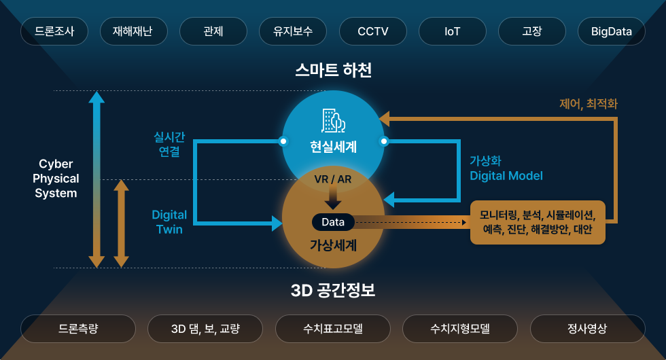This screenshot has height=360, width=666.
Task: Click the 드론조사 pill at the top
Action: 54,31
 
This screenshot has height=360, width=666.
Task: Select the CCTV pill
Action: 373,31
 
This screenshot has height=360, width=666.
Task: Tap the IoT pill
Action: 453,31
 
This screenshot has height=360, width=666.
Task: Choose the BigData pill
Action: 612,31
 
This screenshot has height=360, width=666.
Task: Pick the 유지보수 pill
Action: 293,31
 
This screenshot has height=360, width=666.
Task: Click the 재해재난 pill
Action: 134,31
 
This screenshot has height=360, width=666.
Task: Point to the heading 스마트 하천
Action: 334,70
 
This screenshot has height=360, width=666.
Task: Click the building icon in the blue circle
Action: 333,121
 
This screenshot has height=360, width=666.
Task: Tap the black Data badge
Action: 333,222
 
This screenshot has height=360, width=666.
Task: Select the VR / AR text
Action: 333,179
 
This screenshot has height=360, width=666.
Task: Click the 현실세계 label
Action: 334,147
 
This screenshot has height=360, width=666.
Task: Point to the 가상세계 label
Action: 334,245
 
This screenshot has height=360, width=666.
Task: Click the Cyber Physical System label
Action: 56,178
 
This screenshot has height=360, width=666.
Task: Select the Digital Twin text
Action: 169,222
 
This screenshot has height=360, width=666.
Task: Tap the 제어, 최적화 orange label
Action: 589,103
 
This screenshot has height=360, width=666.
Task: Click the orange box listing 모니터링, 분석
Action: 538,222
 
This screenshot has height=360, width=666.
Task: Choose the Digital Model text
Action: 506,176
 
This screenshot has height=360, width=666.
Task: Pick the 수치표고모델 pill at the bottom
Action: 333,329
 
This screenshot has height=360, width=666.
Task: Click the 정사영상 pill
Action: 588,329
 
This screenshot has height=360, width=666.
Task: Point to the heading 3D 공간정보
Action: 333,291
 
